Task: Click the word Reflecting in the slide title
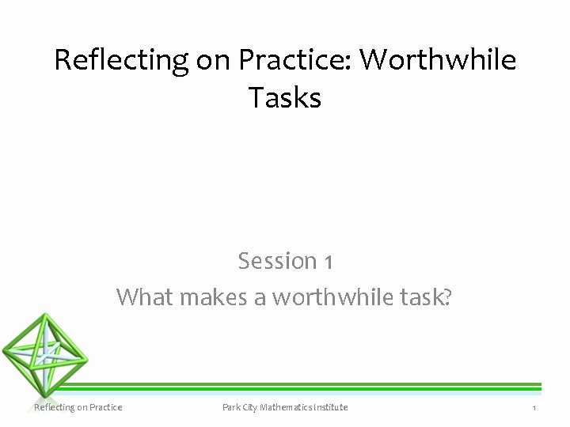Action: [x=121, y=61]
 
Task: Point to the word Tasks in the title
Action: [x=284, y=98]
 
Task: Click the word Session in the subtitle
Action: [x=277, y=261]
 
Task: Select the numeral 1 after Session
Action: [x=328, y=262]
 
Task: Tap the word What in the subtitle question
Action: [x=146, y=297]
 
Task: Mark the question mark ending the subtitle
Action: [x=448, y=297]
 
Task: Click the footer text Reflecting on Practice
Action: [x=78, y=407]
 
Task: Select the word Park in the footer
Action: [x=233, y=407]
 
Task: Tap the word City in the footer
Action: [x=256, y=407]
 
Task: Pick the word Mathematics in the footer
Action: [x=293, y=407]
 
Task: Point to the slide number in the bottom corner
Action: [x=534, y=408]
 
